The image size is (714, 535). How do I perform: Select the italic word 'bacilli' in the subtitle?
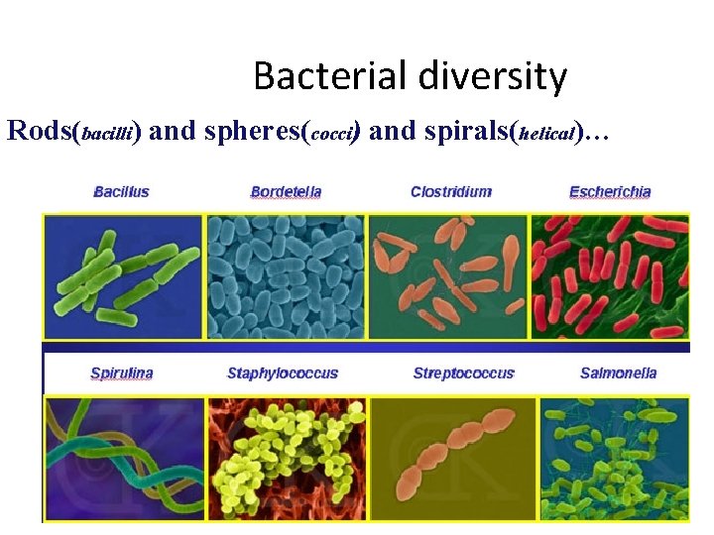pyautogui.click(x=109, y=133)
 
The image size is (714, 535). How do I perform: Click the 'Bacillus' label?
pyautogui.click(x=121, y=191)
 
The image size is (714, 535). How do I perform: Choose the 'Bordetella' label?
pyautogui.click(x=286, y=191)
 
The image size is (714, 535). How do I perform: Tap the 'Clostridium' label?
pyautogui.click(x=450, y=191)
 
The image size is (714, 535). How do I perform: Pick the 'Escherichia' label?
pyautogui.click(x=610, y=191)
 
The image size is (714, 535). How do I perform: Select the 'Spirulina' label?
pyautogui.click(x=121, y=374)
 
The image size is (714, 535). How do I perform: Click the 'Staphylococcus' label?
pyautogui.click(x=283, y=374)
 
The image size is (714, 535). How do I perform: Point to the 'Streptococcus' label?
pyautogui.click(x=463, y=374)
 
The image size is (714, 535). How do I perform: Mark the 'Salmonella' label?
pyautogui.click(x=618, y=374)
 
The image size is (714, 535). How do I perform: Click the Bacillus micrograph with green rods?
pyautogui.click(x=123, y=276)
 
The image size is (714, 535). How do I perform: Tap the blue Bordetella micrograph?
pyautogui.click(x=286, y=276)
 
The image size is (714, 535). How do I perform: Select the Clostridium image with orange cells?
pyautogui.click(x=449, y=276)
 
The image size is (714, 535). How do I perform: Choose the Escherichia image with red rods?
pyautogui.click(x=610, y=276)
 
